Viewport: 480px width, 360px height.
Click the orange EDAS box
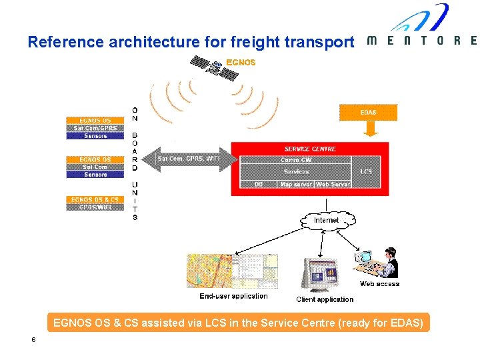[368, 112]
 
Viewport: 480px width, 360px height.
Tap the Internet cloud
[326, 220]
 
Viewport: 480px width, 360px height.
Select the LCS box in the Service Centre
[366, 171]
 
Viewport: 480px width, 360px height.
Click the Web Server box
[333, 184]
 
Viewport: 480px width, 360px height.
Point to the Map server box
[296, 184]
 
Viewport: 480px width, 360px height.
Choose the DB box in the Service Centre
[259, 184]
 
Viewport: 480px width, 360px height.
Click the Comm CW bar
[296, 160]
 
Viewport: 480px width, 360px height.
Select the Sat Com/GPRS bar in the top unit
[95, 128]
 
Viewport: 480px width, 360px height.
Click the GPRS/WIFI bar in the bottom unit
[95, 207]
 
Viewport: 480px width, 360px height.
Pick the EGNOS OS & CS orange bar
[95, 199]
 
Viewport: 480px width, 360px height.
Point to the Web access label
[379, 284]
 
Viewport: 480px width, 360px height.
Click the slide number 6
[33, 340]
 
